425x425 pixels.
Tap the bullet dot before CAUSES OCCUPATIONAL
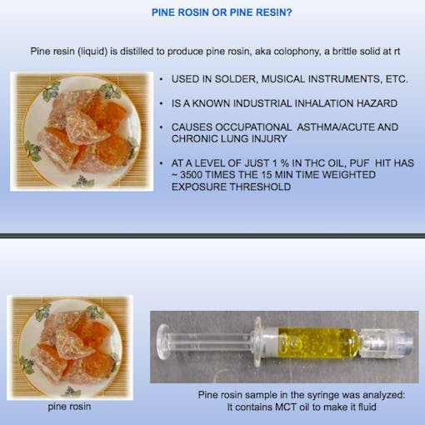point(161,127)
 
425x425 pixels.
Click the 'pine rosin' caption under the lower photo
point(65,407)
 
